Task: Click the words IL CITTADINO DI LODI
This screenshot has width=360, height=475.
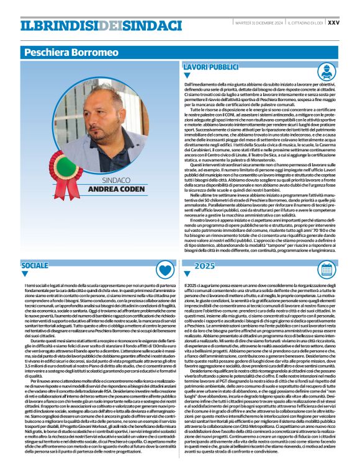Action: tap(304, 22)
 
